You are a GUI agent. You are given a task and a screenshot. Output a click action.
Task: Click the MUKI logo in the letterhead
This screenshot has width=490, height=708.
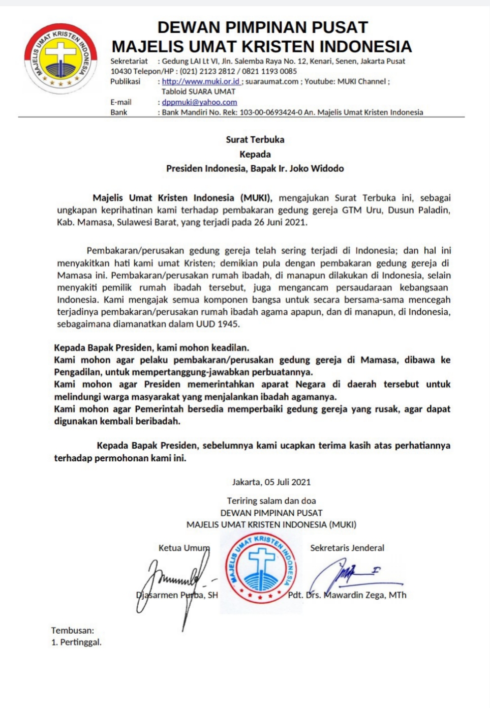pos(60,58)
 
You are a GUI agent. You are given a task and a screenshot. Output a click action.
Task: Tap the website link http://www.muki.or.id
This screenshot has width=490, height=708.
pos(200,81)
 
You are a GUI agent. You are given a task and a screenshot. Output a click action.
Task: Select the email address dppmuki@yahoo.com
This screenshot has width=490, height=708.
pos(199,102)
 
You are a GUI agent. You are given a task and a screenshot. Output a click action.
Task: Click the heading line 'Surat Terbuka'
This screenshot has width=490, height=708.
pos(255,139)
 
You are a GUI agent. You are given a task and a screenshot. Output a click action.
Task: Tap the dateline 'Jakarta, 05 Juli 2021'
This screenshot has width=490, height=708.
pos(271,482)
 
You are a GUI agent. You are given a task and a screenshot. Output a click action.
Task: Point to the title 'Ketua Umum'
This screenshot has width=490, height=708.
pos(183,548)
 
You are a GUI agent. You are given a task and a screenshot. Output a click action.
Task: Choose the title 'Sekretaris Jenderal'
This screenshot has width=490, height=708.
pos(347,548)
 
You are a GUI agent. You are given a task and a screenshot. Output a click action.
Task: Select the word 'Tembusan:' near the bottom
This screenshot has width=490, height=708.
pos(73,630)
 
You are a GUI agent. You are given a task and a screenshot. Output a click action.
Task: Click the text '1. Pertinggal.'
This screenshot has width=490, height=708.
pos(76,642)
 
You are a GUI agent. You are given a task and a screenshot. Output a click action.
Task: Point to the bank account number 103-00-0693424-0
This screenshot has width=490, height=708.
pos(271,112)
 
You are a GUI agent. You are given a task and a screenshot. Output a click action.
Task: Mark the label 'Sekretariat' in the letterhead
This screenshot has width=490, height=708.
pos(129,61)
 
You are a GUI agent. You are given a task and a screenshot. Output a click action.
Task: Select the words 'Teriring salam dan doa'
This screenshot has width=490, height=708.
pos(271,501)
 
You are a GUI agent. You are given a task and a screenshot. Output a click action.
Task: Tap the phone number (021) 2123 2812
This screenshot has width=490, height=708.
pos(207,71)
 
